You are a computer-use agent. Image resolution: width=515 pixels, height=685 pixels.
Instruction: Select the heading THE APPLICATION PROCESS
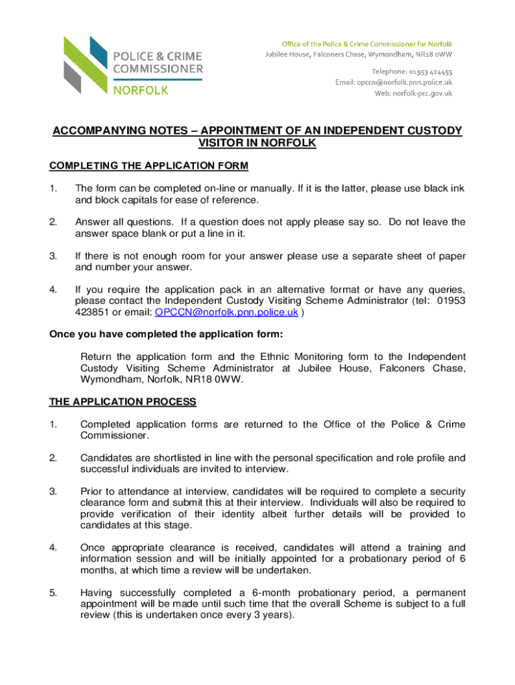coord(123,402)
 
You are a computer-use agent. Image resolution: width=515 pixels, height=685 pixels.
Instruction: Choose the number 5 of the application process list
coord(54,592)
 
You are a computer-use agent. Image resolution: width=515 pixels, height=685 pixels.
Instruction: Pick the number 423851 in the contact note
coord(93,312)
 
